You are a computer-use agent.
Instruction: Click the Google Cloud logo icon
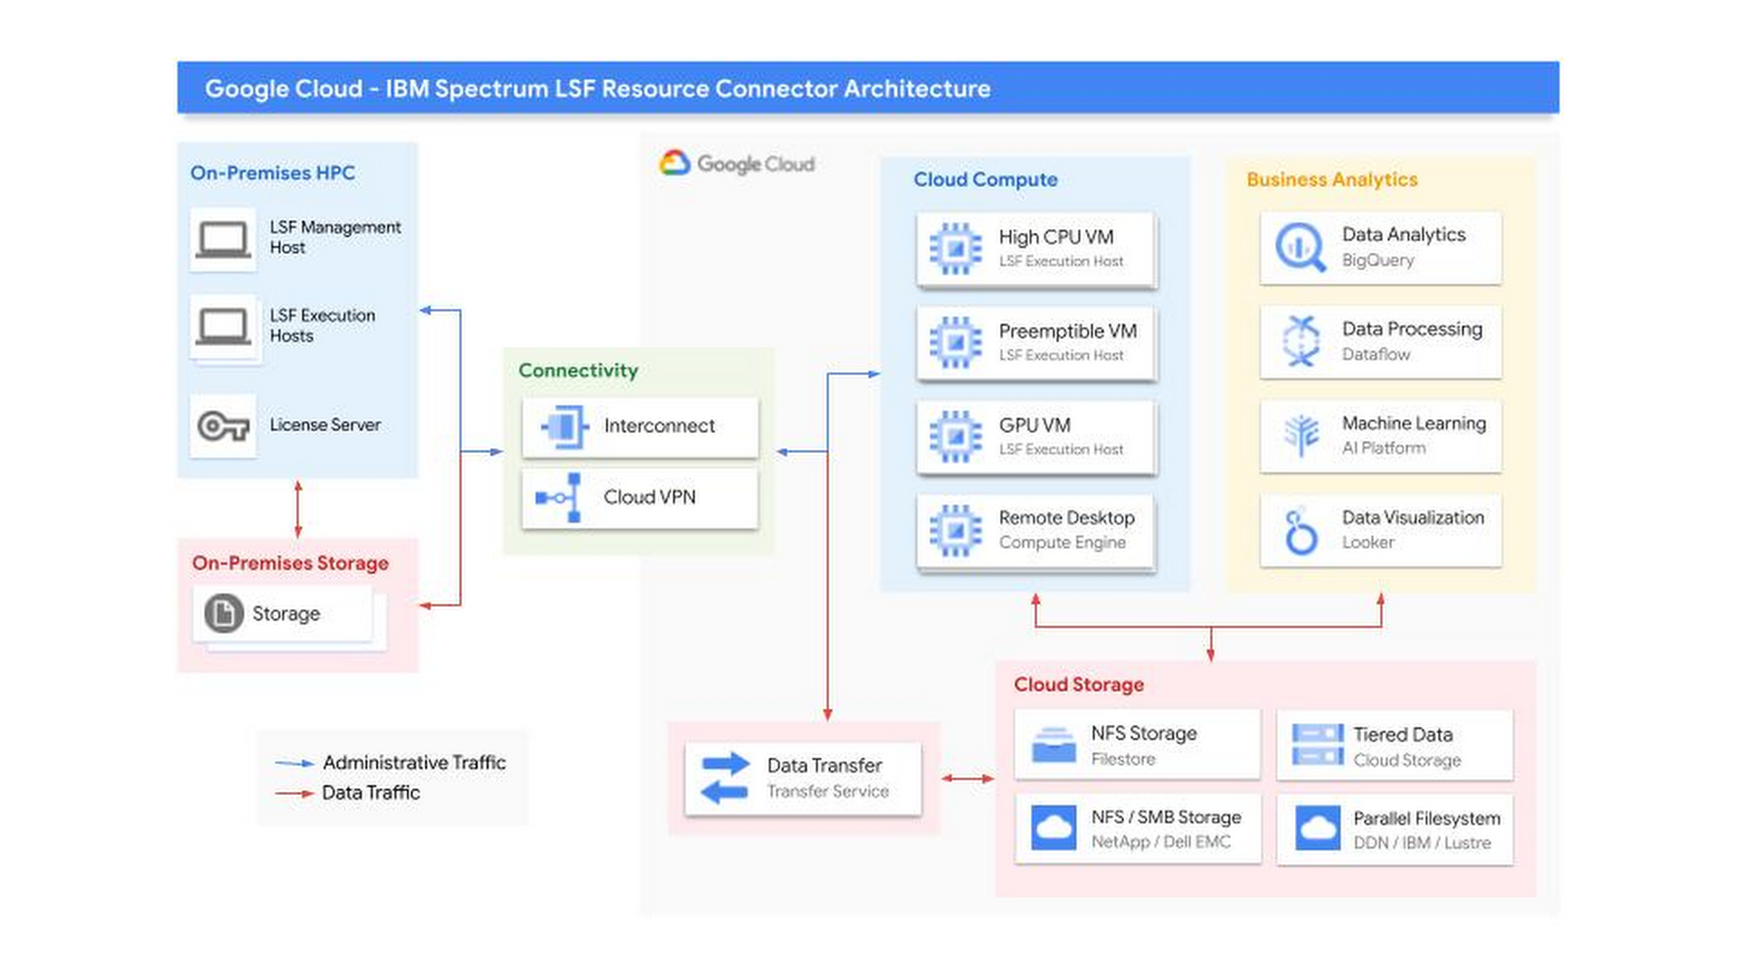point(675,163)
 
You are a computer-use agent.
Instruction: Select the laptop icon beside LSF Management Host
point(223,239)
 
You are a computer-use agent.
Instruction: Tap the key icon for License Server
point(223,426)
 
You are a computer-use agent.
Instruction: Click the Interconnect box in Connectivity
point(639,427)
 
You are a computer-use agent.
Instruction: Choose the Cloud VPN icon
point(559,497)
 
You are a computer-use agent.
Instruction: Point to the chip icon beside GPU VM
point(955,437)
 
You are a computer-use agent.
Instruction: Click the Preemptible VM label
point(1068,332)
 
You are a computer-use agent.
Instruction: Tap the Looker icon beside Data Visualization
point(1301,532)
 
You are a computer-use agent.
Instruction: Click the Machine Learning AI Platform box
point(1380,436)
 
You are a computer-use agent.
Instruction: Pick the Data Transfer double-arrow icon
point(725,778)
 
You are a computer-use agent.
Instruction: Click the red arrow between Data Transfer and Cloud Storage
point(968,778)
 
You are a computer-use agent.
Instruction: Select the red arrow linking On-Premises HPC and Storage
point(298,509)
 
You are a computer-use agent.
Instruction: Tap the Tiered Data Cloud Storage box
point(1395,746)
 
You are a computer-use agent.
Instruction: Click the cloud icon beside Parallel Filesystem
point(1317,828)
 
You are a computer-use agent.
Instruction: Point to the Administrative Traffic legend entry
point(413,762)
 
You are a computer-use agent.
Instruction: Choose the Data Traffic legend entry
point(370,793)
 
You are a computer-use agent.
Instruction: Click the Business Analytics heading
point(1332,179)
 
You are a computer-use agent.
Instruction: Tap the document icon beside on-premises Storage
point(223,613)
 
